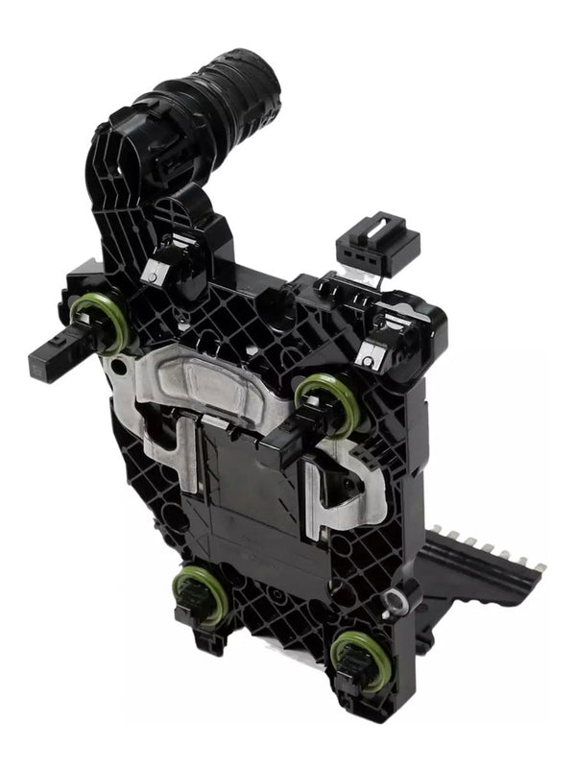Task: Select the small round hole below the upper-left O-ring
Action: [117, 366]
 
